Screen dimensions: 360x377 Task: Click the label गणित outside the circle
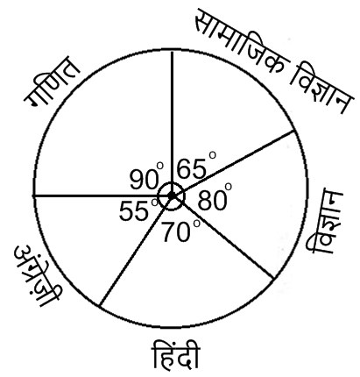(52, 82)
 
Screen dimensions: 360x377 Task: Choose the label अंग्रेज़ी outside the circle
(38, 277)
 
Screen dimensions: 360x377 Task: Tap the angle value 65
(191, 169)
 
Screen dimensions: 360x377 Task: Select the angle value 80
(212, 201)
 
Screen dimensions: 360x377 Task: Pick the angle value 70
(177, 232)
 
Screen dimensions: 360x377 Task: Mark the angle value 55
(134, 211)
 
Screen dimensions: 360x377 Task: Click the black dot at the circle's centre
(172, 196)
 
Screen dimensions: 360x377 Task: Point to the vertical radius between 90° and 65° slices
(172, 123)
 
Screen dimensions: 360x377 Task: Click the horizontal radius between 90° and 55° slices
(102, 196)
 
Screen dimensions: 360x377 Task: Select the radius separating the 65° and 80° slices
(233, 163)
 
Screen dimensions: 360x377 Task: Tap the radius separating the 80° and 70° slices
(222, 237)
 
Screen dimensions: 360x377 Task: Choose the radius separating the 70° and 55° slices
(136, 251)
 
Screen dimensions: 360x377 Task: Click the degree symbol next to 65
(212, 155)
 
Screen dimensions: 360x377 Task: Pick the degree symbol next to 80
(228, 187)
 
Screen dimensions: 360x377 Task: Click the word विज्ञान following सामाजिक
(321, 89)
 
